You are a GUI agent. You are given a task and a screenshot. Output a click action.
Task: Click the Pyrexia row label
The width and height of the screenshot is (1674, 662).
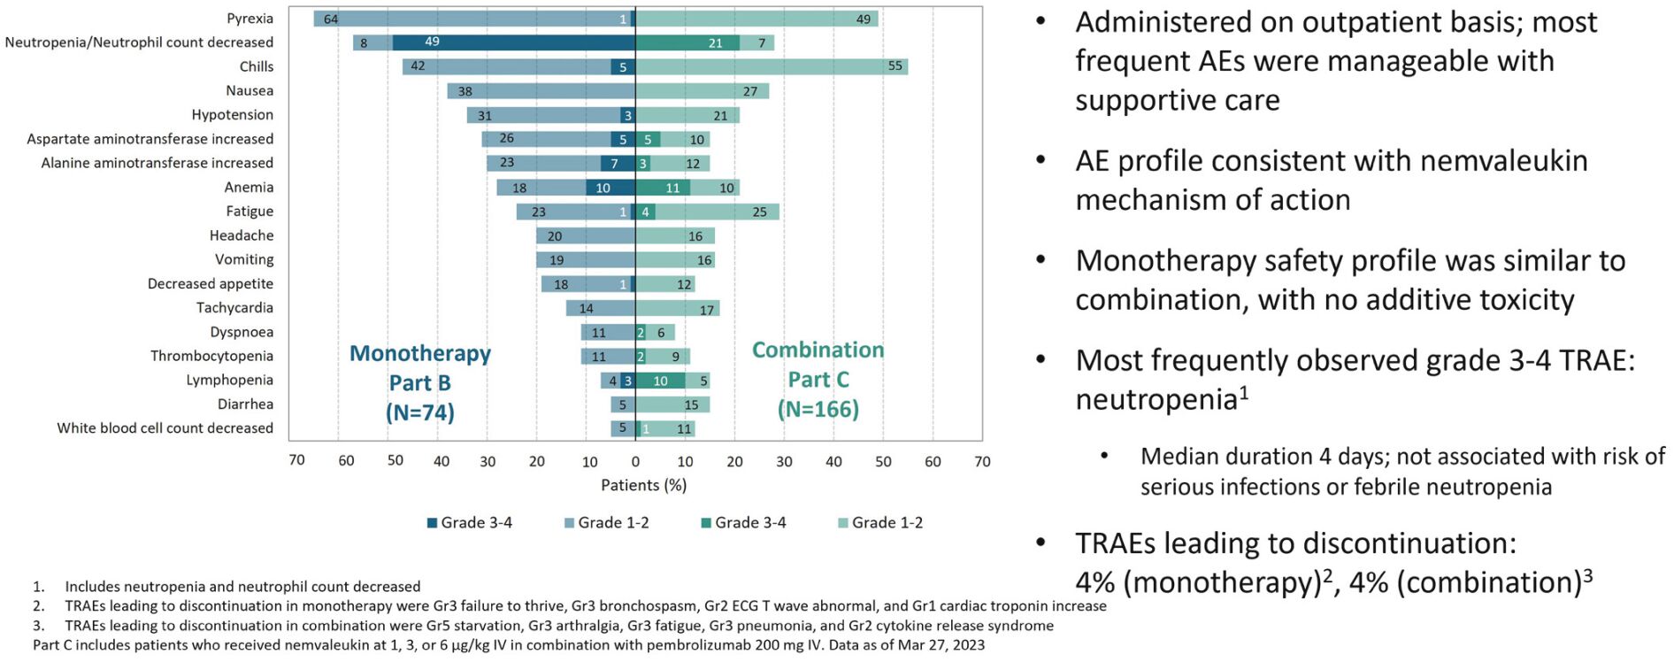pos(250,19)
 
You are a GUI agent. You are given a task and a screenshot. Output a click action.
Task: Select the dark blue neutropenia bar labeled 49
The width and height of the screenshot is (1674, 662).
pos(513,42)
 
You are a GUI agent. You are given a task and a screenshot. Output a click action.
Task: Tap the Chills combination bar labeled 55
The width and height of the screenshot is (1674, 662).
pos(772,66)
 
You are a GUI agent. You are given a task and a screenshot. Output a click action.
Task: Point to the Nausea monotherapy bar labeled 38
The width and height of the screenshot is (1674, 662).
pos(541,91)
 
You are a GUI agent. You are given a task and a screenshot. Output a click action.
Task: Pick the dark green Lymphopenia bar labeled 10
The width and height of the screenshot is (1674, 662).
pos(660,381)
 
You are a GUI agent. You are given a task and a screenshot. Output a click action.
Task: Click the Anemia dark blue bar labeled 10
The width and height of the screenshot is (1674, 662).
pos(610,188)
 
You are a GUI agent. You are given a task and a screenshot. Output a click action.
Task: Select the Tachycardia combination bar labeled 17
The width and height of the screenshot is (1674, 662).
pos(677,309)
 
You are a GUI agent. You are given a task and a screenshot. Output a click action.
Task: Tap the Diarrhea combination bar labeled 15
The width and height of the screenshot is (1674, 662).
pos(672,404)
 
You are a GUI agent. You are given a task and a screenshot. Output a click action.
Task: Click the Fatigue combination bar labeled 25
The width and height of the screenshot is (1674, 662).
pos(717,212)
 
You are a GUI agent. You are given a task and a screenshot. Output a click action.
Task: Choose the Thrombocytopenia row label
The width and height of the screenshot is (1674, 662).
pos(211,356)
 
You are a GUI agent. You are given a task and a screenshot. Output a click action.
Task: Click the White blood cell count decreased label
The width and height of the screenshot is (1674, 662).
pos(165,428)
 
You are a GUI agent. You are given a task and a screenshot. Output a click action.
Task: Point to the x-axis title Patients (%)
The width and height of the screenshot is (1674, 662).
pos(643,485)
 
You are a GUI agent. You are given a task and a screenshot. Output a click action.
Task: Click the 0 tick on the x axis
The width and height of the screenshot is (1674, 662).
pos(635,461)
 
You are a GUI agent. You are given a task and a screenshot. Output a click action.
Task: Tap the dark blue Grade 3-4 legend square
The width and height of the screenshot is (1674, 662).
pos(433,523)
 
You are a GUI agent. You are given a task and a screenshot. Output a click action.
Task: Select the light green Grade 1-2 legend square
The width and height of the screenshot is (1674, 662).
pos(843,523)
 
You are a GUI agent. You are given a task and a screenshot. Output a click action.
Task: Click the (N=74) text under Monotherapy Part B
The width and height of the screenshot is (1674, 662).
pos(419,412)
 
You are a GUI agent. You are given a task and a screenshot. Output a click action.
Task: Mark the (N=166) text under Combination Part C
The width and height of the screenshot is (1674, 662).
pos(818,409)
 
